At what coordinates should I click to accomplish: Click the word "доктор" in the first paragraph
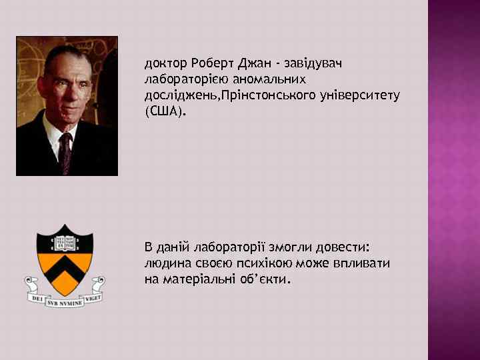[165, 64]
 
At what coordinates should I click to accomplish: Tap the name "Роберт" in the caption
[211, 64]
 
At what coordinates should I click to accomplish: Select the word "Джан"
[253, 64]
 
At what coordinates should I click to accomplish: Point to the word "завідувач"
[313, 64]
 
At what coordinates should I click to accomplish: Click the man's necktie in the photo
[65, 150]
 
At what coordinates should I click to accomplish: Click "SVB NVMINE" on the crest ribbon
[65, 301]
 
